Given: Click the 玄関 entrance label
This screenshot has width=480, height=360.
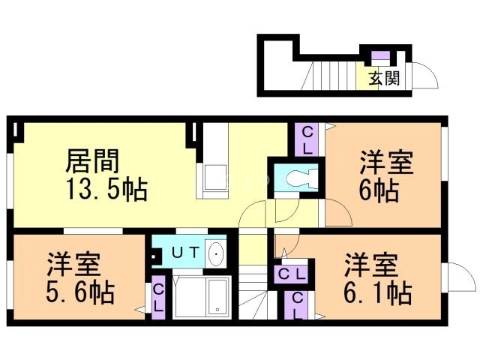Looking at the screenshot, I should click(x=383, y=78).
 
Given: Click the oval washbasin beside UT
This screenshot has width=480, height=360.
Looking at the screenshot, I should click(x=216, y=253).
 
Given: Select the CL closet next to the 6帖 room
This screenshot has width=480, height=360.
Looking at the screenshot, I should click(x=307, y=138).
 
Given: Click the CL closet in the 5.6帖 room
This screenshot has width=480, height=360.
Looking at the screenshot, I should click(x=159, y=298).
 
